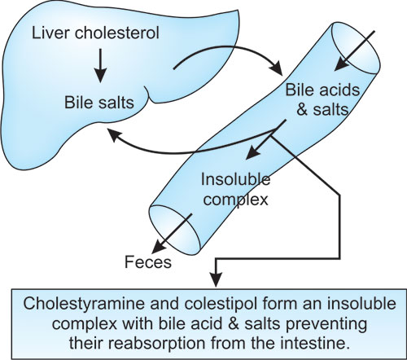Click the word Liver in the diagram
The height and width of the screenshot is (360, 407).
(50, 33)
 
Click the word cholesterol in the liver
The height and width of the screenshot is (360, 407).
(116, 33)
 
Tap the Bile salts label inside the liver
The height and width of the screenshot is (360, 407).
(99, 103)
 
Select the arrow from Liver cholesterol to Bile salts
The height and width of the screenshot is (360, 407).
(100, 65)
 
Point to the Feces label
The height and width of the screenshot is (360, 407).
(148, 262)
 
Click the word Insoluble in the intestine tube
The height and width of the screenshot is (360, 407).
(235, 179)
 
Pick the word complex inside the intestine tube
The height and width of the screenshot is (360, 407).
(236, 200)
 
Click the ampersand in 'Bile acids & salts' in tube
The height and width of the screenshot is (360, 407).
(302, 109)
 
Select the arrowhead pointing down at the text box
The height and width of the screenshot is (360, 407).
(216, 279)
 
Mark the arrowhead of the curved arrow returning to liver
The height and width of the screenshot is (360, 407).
(113, 134)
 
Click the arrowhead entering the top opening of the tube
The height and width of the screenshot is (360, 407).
(340, 65)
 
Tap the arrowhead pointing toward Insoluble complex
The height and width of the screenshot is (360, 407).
(252, 153)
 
